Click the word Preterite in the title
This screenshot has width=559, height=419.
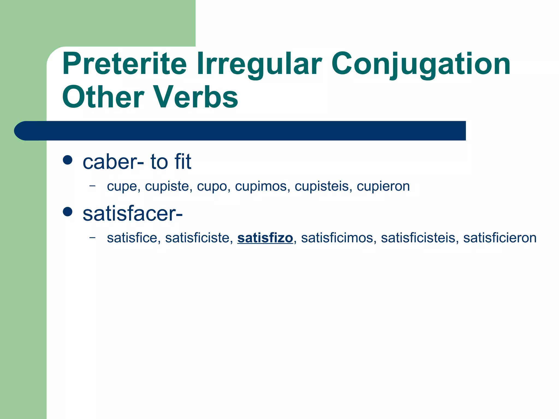click(x=124, y=64)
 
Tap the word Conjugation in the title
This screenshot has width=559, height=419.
click(x=420, y=64)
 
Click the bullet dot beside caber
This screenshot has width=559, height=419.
click(x=67, y=160)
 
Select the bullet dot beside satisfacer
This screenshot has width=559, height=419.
click(x=67, y=211)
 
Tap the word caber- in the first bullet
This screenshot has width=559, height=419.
click(x=113, y=162)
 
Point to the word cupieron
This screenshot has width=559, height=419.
click(x=383, y=187)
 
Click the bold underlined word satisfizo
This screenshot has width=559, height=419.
click(x=265, y=238)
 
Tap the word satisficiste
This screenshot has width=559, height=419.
click(x=199, y=238)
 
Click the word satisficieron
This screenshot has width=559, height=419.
click(x=499, y=238)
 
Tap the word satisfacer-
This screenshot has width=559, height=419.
click(x=133, y=214)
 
